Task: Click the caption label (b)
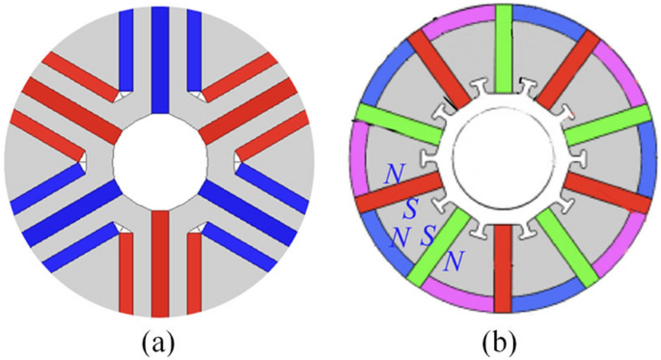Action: click(503, 341)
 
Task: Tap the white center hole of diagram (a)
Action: click(160, 159)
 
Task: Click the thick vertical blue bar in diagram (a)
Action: click(160, 58)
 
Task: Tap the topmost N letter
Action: click(394, 173)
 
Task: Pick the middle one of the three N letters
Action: click(396, 236)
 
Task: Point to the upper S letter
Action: click(411, 207)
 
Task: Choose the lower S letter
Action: click(427, 232)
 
